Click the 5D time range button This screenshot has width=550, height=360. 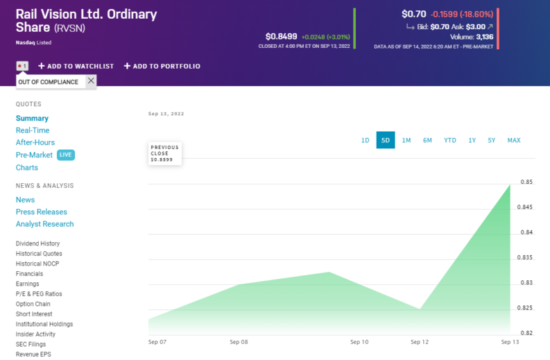(x=386, y=140)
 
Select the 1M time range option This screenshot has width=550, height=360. (x=406, y=140)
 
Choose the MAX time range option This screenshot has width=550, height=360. (x=513, y=140)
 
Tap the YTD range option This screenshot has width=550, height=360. (x=450, y=140)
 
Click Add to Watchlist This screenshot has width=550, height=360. (x=76, y=66)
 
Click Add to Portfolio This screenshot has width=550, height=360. (x=162, y=66)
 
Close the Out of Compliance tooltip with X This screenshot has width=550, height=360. (x=91, y=81)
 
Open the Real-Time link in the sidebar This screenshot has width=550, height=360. (x=33, y=130)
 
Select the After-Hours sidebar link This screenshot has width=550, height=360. (x=35, y=143)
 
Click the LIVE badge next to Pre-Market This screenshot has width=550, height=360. (x=65, y=155)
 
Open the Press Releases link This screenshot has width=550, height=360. (x=42, y=212)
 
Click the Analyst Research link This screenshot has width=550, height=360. (x=44, y=224)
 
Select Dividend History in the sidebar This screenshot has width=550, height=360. (x=37, y=243)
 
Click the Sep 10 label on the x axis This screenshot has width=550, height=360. (x=359, y=342)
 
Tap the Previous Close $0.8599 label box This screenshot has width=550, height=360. (x=165, y=154)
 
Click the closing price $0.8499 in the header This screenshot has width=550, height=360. (x=281, y=36)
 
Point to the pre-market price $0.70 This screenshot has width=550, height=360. (x=414, y=14)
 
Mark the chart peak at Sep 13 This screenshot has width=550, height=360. (x=510, y=185)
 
